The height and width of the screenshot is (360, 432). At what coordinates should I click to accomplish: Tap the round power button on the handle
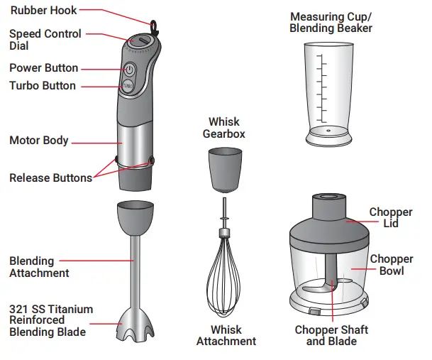pyautogui.click(x=130, y=69)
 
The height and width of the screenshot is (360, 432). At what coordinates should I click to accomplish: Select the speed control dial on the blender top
pyautogui.click(x=140, y=42)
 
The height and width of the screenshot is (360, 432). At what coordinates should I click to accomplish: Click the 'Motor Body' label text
pyautogui.click(x=39, y=140)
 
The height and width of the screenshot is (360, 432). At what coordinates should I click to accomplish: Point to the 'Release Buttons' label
pyautogui.click(x=50, y=178)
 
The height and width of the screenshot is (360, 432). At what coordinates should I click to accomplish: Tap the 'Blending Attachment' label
pyautogui.click(x=39, y=267)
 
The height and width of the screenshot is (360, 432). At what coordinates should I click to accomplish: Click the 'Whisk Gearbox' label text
pyautogui.click(x=223, y=128)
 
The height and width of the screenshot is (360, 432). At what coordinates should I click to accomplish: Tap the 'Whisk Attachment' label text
pyautogui.click(x=226, y=335)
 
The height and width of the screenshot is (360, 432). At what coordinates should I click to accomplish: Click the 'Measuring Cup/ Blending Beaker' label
pyautogui.click(x=331, y=22)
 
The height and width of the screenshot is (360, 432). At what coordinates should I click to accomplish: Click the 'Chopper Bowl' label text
pyautogui.click(x=391, y=265)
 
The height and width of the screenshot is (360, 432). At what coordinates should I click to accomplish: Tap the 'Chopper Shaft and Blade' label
pyautogui.click(x=331, y=335)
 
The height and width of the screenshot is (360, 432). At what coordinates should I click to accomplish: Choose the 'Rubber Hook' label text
pyautogui.click(x=44, y=11)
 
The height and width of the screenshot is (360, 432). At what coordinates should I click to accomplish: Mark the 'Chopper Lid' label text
pyautogui.click(x=391, y=217)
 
